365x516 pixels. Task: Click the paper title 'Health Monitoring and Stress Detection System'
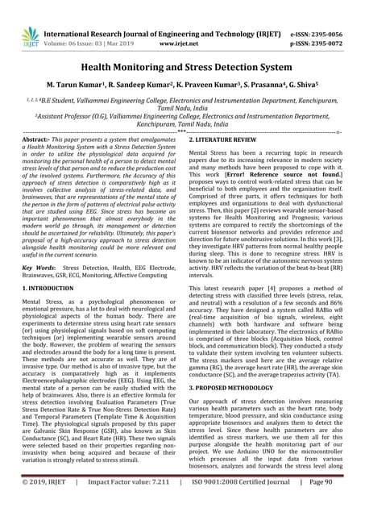pos(182,71)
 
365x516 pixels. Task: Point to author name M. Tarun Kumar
pos(74,95)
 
